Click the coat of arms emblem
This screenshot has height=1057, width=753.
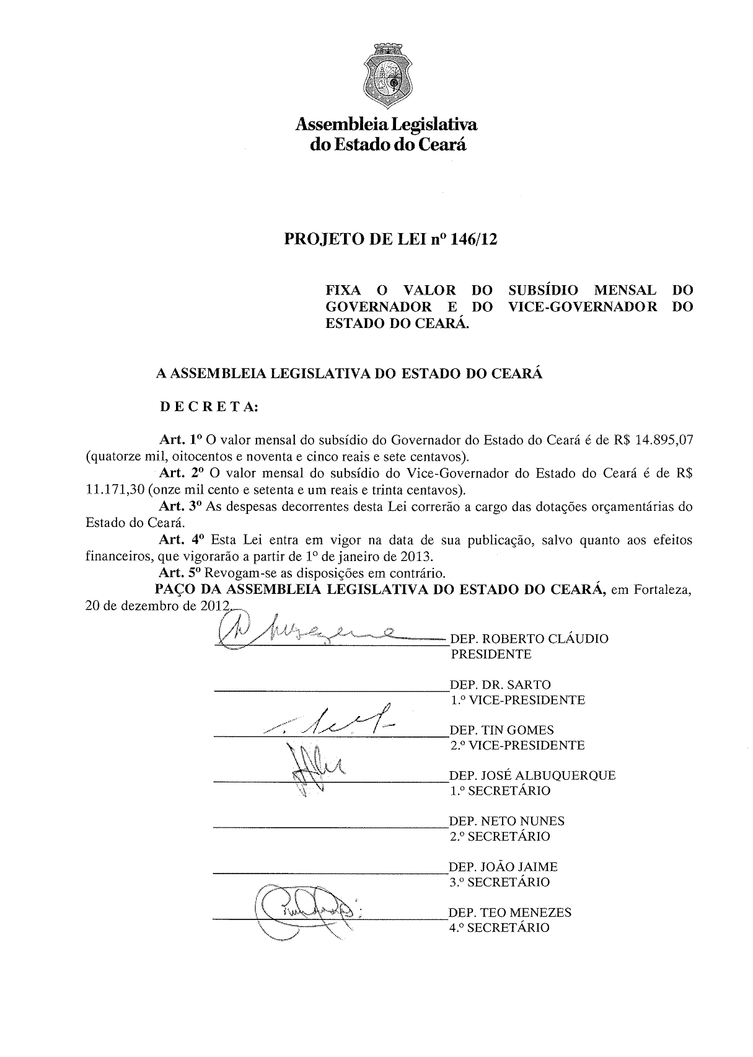pyautogui.click(x=386, y=79)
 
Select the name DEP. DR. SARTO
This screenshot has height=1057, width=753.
pyautogui.click(x=500, y=684)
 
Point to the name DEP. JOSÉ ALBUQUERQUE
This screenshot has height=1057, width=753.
pyautogui.click(x=532, y=775)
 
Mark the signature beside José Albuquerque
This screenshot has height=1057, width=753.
pyautogui.click(x=313, y=769)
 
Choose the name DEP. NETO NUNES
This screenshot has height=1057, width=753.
pyautogui.click(x=506, y=821)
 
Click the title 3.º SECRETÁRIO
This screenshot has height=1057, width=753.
pyautogui.click(x=500, y=882)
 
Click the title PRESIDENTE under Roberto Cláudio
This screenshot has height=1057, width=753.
pyautogui.click(x=491, y=654)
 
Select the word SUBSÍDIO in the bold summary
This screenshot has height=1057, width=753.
pyautogui.click(x=544, y=290)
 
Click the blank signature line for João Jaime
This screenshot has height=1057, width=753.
pyautogui.click(x=328, y=873)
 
